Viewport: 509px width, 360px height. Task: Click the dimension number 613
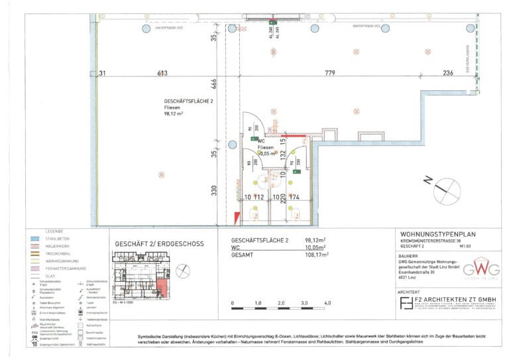[161, 73]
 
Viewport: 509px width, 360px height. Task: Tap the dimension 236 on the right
[448, 73]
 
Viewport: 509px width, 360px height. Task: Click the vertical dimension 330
[214, 190]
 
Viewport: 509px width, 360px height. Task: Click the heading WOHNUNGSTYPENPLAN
[438, 234]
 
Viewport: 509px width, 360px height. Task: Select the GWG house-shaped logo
[472, 270]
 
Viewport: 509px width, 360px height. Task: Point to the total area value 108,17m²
[317, 253]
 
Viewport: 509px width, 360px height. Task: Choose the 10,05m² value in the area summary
[317, 247]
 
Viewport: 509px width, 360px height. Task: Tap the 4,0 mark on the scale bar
[327, 302]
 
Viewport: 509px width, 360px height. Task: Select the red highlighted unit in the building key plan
[162, 286]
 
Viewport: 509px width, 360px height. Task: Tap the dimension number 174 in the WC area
[295, 198]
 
